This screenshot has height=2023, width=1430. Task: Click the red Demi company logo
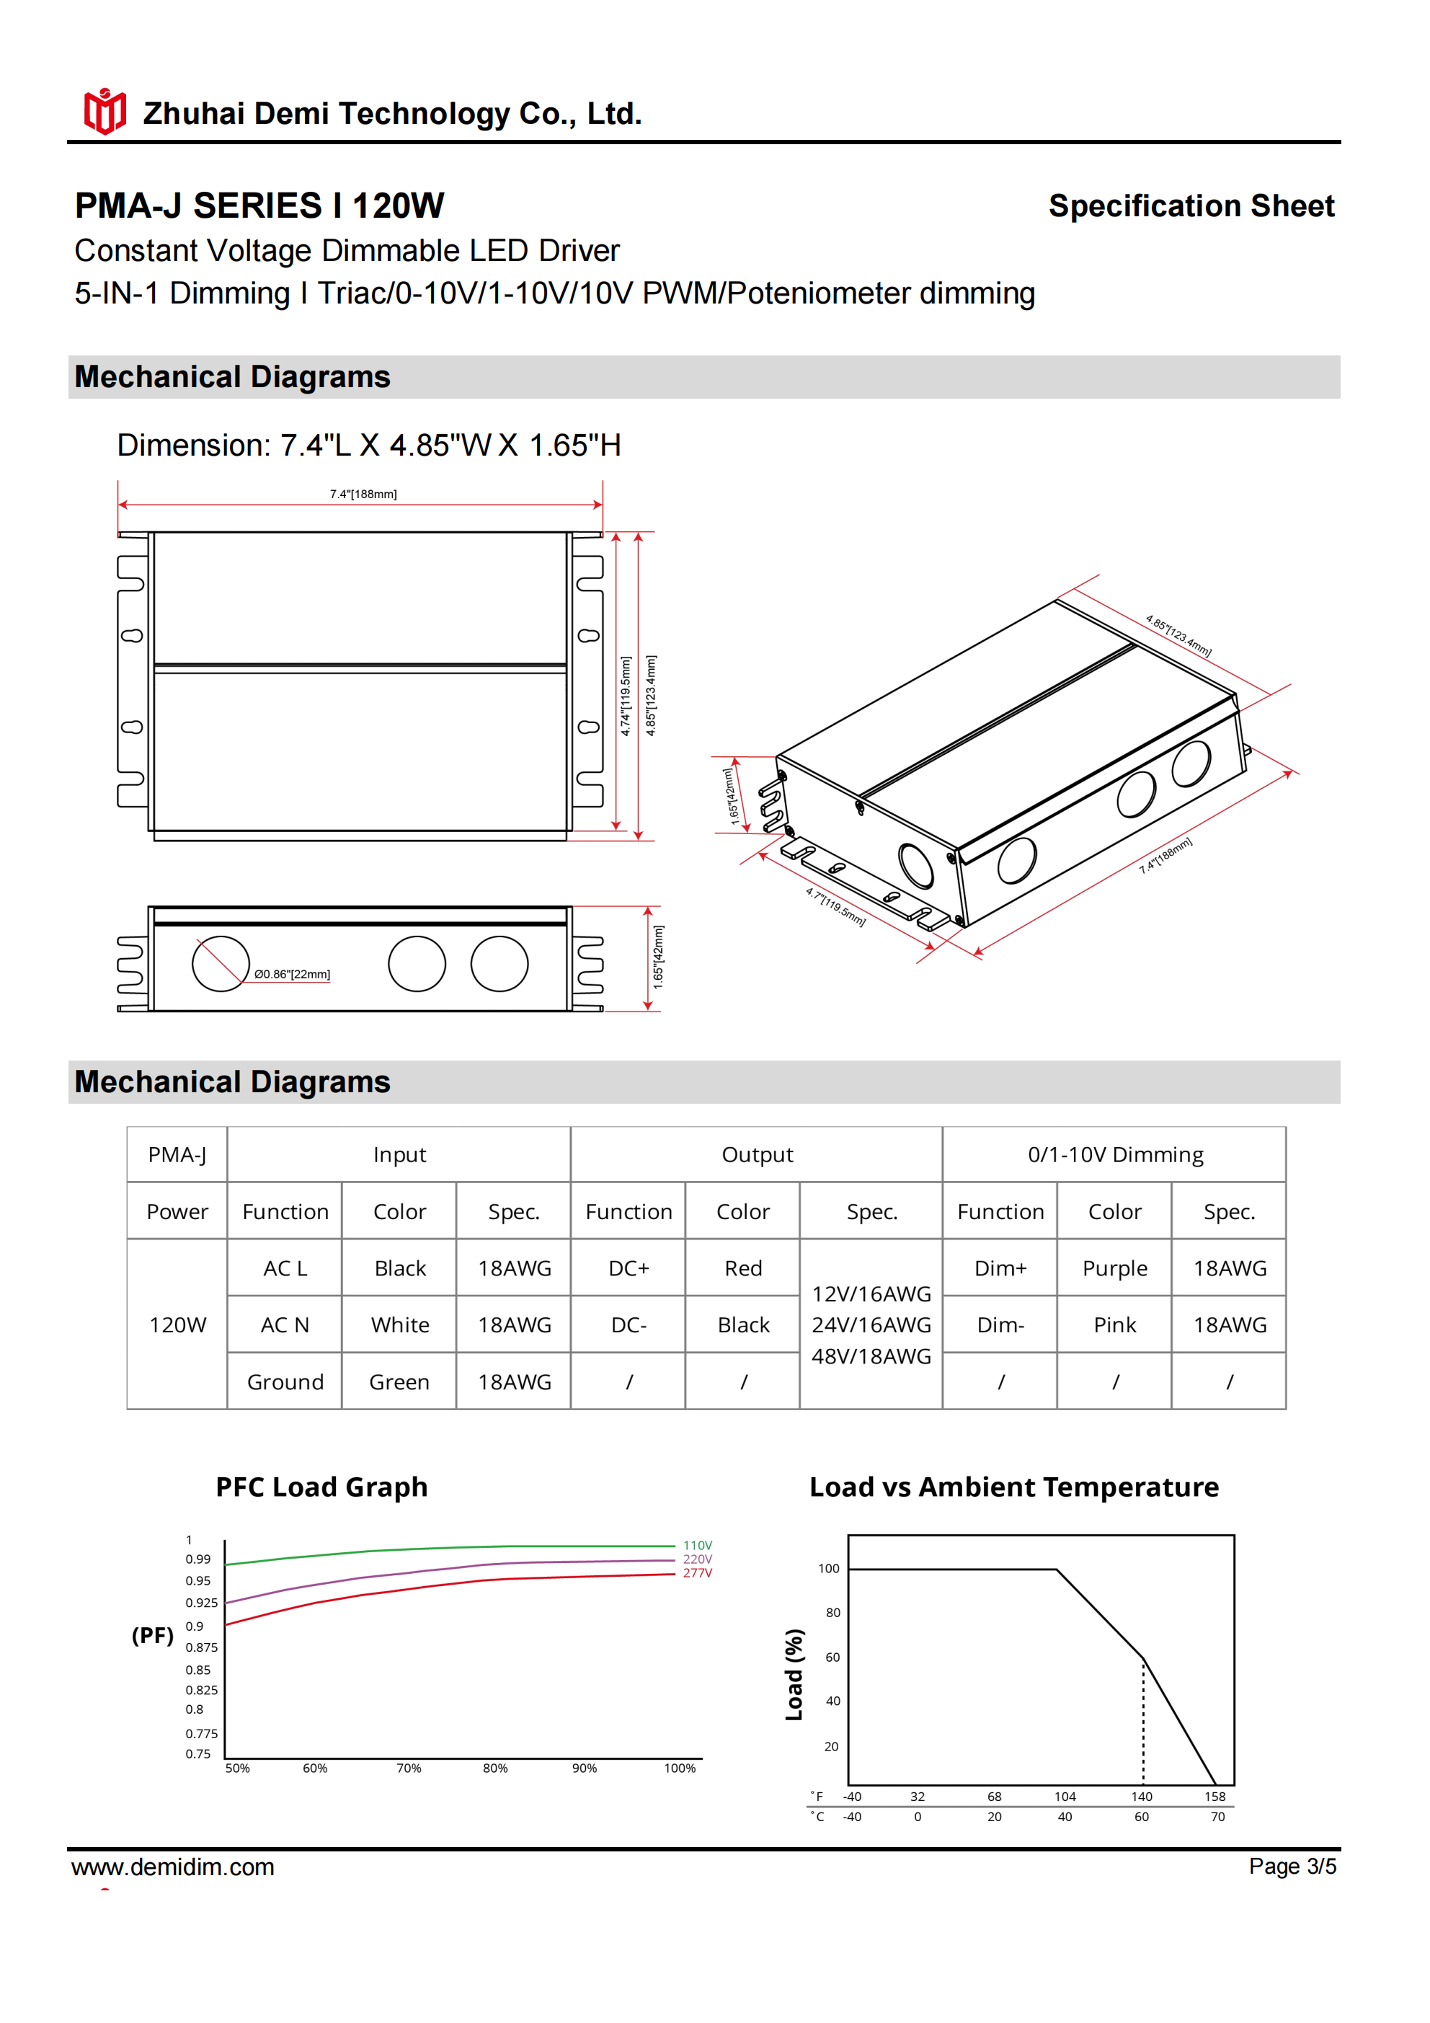point(105,112)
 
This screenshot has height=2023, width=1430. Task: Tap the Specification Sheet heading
point(1191,206)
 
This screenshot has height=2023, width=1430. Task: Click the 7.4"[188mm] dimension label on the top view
point(363,495)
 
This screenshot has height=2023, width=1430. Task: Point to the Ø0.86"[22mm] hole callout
point(292,975)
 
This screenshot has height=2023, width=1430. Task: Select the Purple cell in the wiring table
point(1114,1268)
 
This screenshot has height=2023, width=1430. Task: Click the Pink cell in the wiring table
point(1114,1325)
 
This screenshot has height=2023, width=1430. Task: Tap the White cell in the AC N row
point(400,1325)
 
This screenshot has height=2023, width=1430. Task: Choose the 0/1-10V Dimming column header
point(1114,1154)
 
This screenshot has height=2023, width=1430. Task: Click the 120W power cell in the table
point(177,1325)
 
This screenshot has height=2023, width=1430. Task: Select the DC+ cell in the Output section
point(629,1268)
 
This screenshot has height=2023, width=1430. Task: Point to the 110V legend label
point(697,1546)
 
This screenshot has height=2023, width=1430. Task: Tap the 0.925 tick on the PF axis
point(201,1603)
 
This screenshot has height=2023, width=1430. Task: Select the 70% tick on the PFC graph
point(409,1769)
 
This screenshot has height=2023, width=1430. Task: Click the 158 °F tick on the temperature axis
point(1215,1797)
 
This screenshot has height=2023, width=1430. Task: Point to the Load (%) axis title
point(794,1674)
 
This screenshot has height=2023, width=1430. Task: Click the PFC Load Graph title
point(321,1487)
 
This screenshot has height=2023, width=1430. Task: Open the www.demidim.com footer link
point(173,1867)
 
